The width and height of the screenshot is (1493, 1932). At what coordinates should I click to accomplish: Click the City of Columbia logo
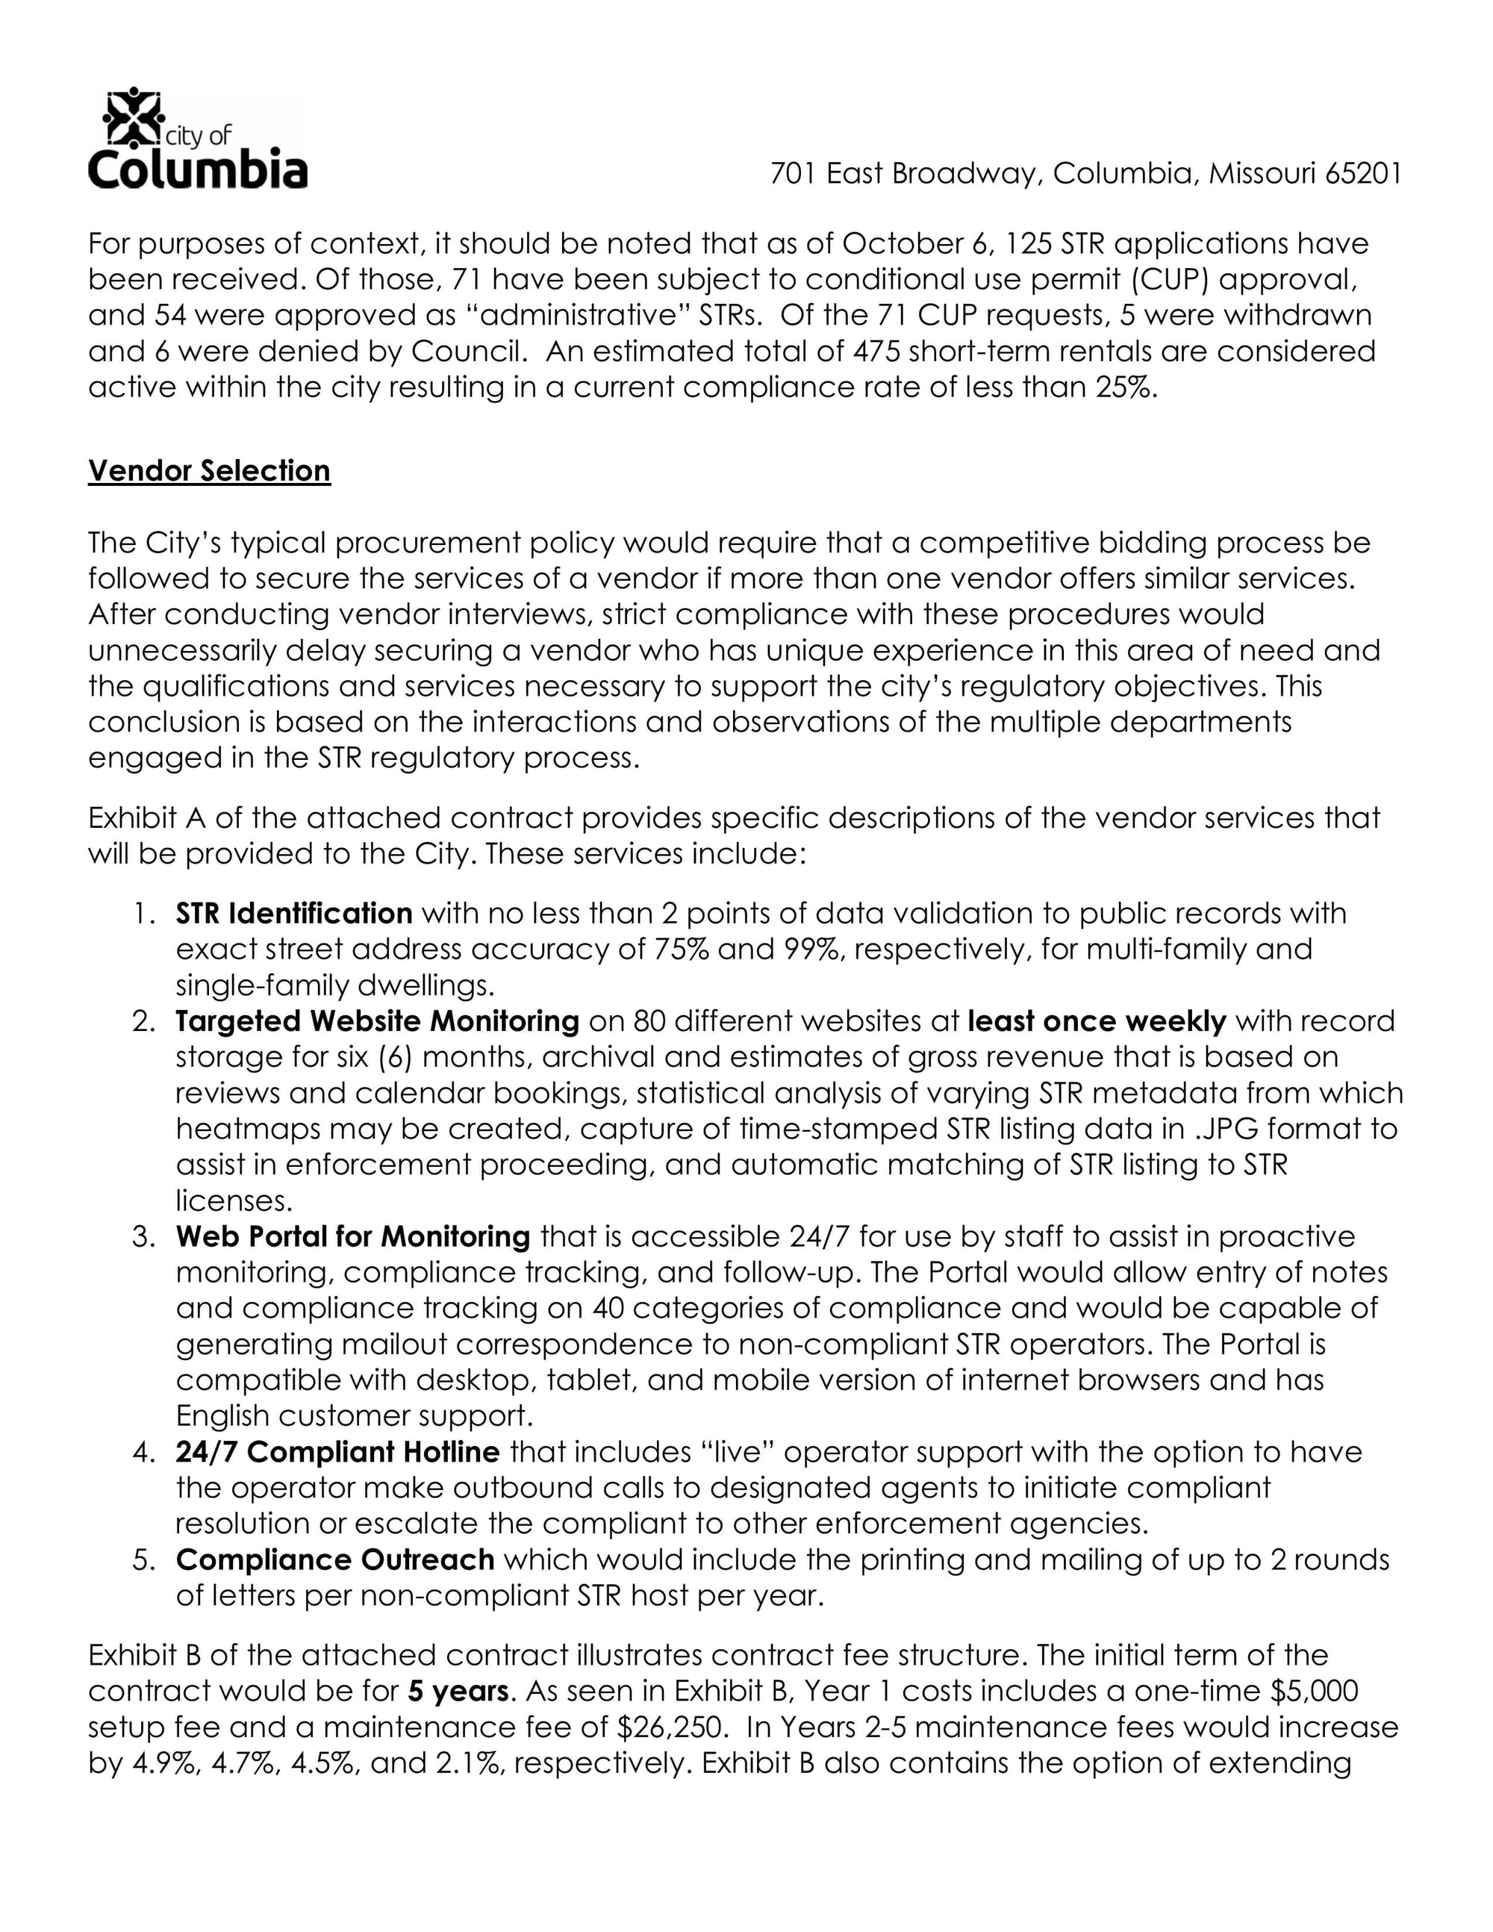coord(197,139)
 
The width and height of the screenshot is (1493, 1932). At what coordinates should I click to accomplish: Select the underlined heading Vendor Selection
coord(209,470)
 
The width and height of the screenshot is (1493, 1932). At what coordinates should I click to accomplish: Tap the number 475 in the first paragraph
coord(876,351)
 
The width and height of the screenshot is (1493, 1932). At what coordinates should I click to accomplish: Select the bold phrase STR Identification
coord(293,913)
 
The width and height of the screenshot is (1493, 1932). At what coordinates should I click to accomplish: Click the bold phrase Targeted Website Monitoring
coord(377,1020)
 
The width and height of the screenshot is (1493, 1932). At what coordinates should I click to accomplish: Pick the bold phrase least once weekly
coord(1096,1020)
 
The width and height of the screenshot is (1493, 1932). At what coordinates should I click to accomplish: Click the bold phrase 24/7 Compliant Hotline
coord(337,1452)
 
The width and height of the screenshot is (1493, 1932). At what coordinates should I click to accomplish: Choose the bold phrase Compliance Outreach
coord(334,1559)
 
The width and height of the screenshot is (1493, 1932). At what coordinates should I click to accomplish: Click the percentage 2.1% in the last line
coord(465,1763)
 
